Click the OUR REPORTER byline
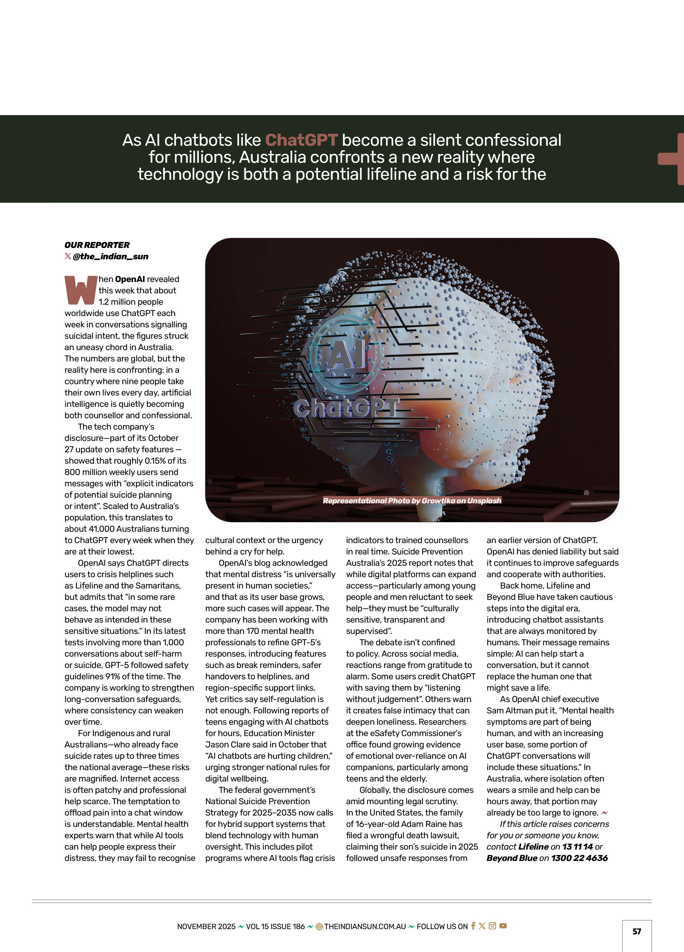click(97, 245)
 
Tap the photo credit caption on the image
click(412, 501)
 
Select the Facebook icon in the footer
click(473, 926)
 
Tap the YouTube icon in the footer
click(503, 926)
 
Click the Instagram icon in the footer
click(493, 926)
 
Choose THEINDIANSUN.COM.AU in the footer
click(365, 926)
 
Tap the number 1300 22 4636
click(580, 858)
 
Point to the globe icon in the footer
click(319, 926)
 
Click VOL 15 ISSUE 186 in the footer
click(275, 926)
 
